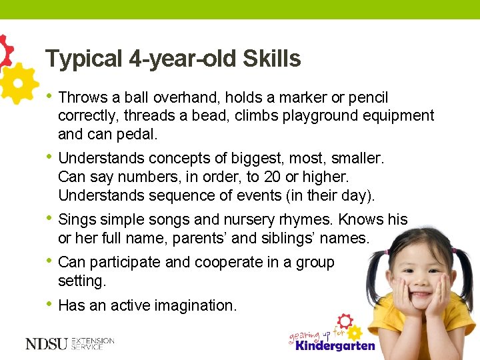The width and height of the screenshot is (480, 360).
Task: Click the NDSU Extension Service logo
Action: pyautogui.click(x=69, y=344)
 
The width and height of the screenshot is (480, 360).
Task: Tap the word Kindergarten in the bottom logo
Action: pyautogui.click(x=335, y=346)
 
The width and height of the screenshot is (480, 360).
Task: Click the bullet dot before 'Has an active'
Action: pyautogui.click(x=49, y=304)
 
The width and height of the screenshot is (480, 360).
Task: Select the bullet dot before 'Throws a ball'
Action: pyautogui.click(x=49, y=97)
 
